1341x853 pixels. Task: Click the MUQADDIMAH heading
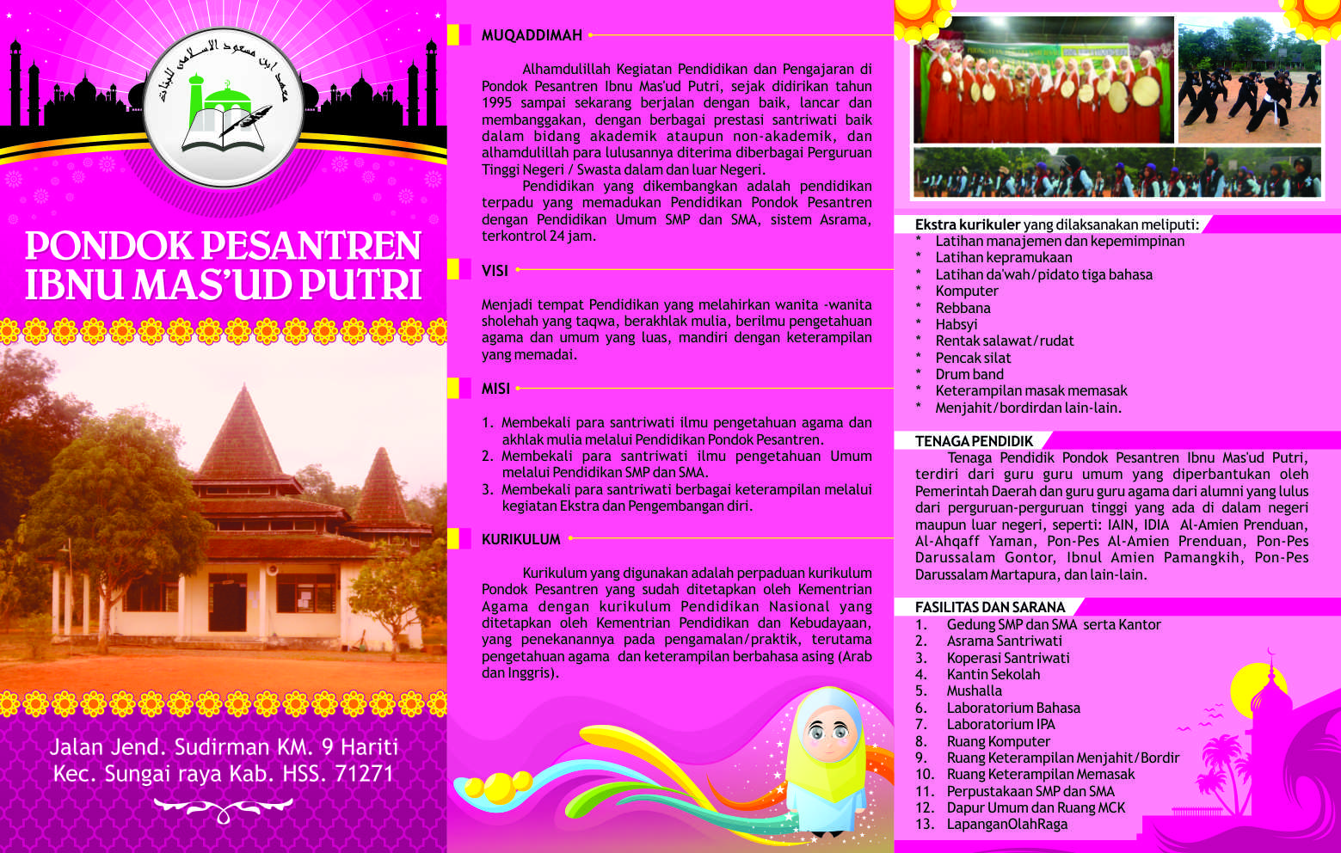pyautogui.click(x=532, y=35)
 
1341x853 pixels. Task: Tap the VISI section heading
pyautogui.click(x=495, y=271)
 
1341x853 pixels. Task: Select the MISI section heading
pyautogui.click(x=495, y=389)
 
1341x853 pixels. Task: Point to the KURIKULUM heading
pyautogui.click(x=520, y=539)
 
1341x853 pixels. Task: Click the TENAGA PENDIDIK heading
pyautogui.click(x=974, y=441)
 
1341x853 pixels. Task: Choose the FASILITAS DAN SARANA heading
pyautogui.click(x=990, y=607)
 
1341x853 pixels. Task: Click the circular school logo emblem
pyautogui.click(x=223, y=107)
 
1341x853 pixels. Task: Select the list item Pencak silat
pyautogui.click(x=973, y=358)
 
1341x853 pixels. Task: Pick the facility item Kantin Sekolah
pyautogui.click(x=993, y=674)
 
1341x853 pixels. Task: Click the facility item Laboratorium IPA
pyautogui.click(x=1000, y=724)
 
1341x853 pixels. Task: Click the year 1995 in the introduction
pyautogui.click(x=498, y=103)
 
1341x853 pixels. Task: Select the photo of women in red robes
pyautogui.click(x=1043, y=79)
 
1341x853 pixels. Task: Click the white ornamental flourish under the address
pyautogui.click(x=223, y=809)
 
